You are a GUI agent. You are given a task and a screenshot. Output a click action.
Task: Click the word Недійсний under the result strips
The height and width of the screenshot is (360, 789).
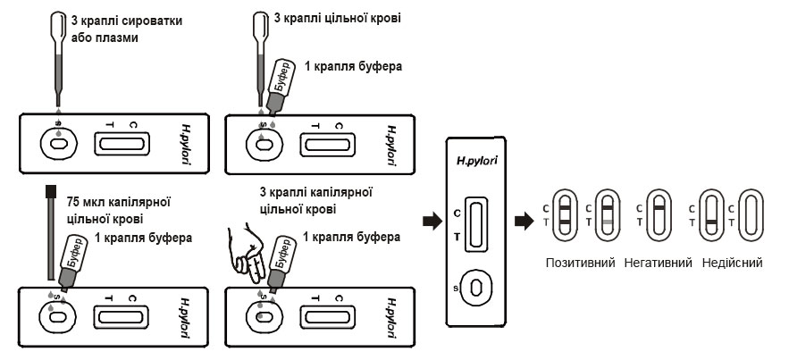pyautogui.click(x=731, y=264)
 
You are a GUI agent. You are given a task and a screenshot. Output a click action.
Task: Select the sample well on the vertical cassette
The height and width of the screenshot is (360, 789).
pyautogui.click(x=476, y=288)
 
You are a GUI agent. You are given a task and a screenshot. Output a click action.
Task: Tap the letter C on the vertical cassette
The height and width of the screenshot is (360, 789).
pyautogui.click(x=457, y=213)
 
